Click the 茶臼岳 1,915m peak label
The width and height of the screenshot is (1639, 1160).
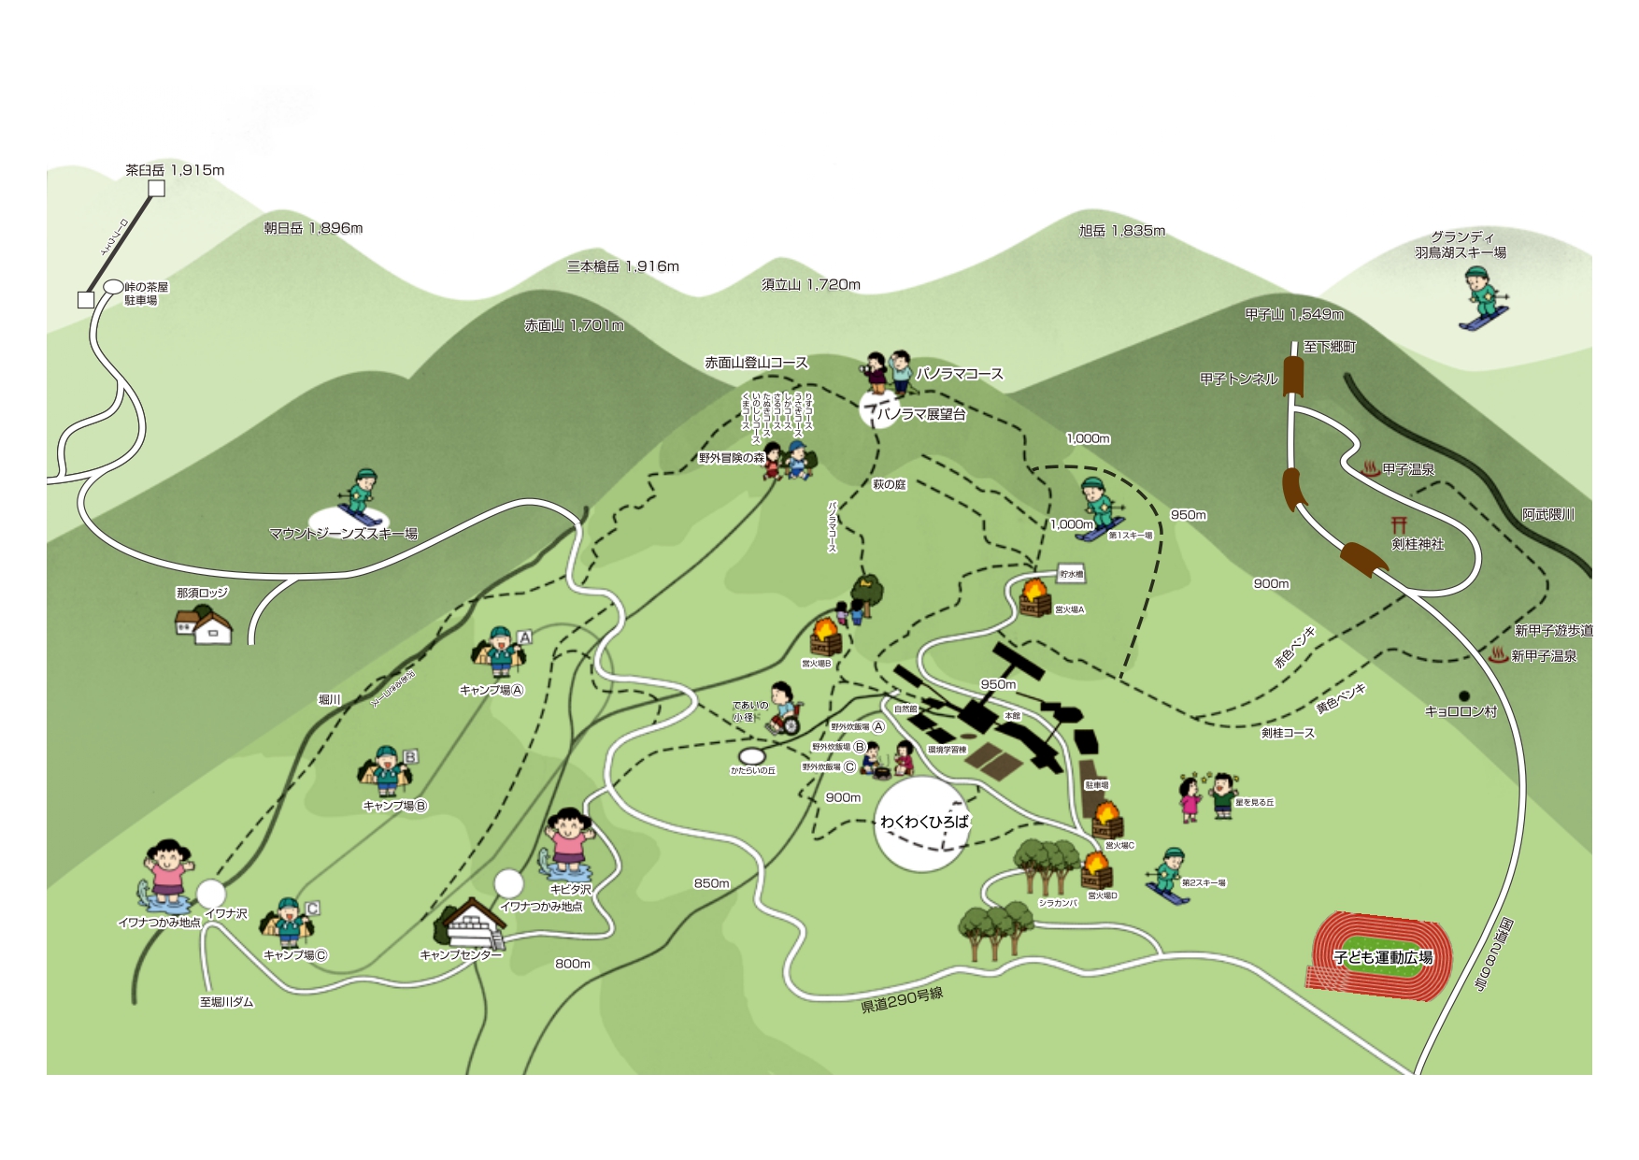pos(175,170)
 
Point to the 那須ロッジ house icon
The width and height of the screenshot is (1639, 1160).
pos(203,623)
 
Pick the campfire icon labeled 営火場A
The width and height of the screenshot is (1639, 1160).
pos(1034,596)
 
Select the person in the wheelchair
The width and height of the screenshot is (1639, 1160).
pos(784,710)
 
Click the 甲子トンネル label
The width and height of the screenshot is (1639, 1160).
pos(1238,379)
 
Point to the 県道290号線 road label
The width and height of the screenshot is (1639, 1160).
pos(902,1000)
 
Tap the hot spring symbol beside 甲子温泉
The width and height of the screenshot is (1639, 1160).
pos(1371,469)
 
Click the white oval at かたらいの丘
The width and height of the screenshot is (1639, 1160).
pos(752,755)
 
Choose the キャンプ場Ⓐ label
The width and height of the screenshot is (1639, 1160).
pos(492,691)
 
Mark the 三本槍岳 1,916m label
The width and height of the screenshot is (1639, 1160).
pos(623,266)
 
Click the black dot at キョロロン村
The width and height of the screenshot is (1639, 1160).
pos(1463,696)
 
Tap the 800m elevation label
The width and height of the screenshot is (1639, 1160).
pos(573,964)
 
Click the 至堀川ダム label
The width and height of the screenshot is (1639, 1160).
pos(226,1002)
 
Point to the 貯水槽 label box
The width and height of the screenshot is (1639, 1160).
pos(1071,574)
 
